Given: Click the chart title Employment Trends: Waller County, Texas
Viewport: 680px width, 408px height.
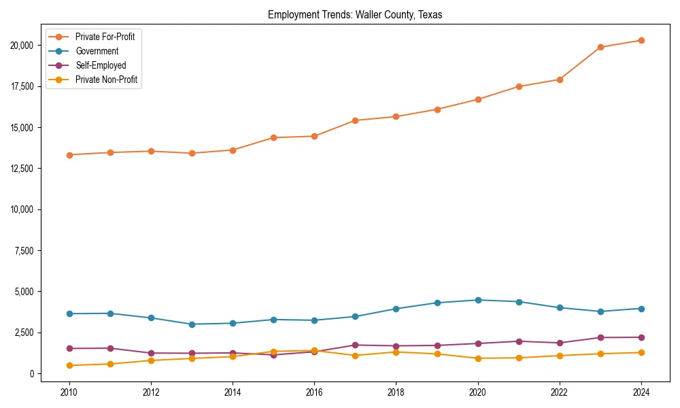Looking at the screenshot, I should (x=355, y=15).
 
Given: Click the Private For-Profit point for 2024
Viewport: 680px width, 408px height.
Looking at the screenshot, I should (x=641, y=40).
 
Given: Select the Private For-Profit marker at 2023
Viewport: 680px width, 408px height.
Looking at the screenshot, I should (x=600, y=47).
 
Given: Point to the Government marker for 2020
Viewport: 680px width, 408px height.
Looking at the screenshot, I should (x=478, y=300).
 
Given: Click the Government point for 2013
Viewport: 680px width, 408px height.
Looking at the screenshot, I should (x=192, y=324).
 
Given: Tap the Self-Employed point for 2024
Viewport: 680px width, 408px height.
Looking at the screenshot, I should (x=641, y=337).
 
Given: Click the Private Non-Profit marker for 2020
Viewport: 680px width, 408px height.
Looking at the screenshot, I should (x=478, y=358).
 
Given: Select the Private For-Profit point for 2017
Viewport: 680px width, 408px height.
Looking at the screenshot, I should (x=355, y=120).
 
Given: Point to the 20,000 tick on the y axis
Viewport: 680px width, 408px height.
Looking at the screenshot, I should (x=24, y=46).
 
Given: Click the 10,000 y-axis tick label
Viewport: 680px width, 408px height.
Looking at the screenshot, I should (x=24, y=209).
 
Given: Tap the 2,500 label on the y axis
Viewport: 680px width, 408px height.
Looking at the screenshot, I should (x=26, y=333).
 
